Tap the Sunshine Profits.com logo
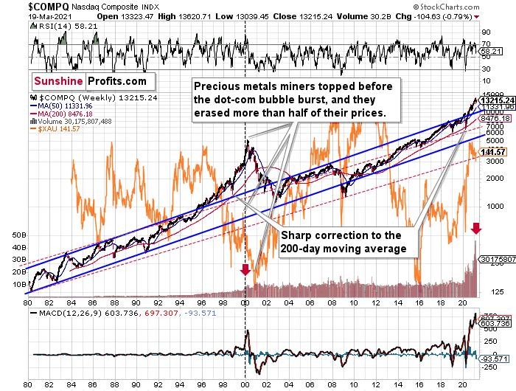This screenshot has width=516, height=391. click(88, 80)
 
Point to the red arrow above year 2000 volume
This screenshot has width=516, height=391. click(245, 270)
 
